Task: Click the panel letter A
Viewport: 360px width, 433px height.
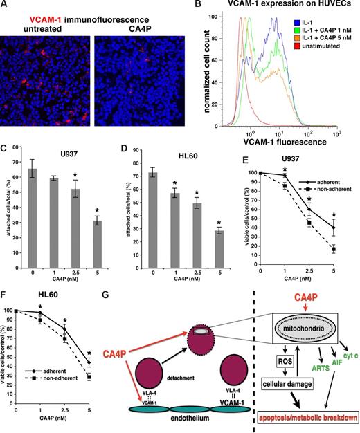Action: (5, 6)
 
